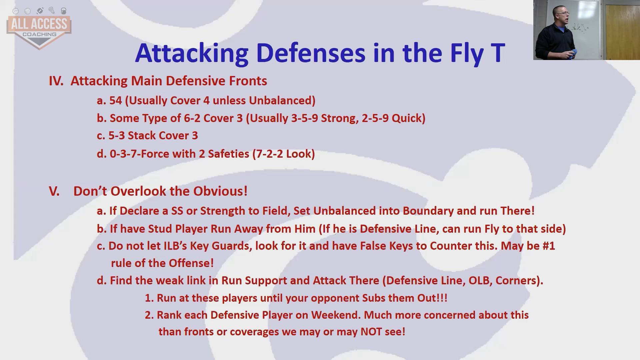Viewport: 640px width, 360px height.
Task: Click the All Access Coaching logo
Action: click(x=39, y=28)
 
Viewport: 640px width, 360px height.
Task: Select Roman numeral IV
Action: click(x=56, y=81)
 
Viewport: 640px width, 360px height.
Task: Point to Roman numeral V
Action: click(x=54, y=191)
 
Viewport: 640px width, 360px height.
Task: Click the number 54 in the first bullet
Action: click(x=116, y=100)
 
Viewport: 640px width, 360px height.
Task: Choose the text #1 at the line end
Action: click(x=549, y=246)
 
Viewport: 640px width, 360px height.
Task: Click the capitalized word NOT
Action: click(x=371, y=332)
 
